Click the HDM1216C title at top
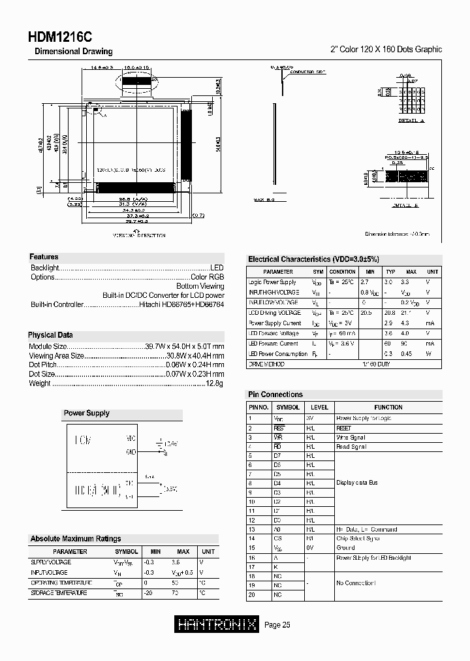60,37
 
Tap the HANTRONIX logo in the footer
218,625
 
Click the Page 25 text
277,625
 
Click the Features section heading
44,257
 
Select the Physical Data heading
50,335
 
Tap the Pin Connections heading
275,395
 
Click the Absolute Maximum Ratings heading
75,539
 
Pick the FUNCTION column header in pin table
388,407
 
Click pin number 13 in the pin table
250,530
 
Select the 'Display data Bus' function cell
356,483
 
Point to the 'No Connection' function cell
356,583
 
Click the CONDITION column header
342,271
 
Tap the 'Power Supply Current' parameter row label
275,323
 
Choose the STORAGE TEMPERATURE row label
59,593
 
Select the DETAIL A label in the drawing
411,121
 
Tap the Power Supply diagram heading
86,413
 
